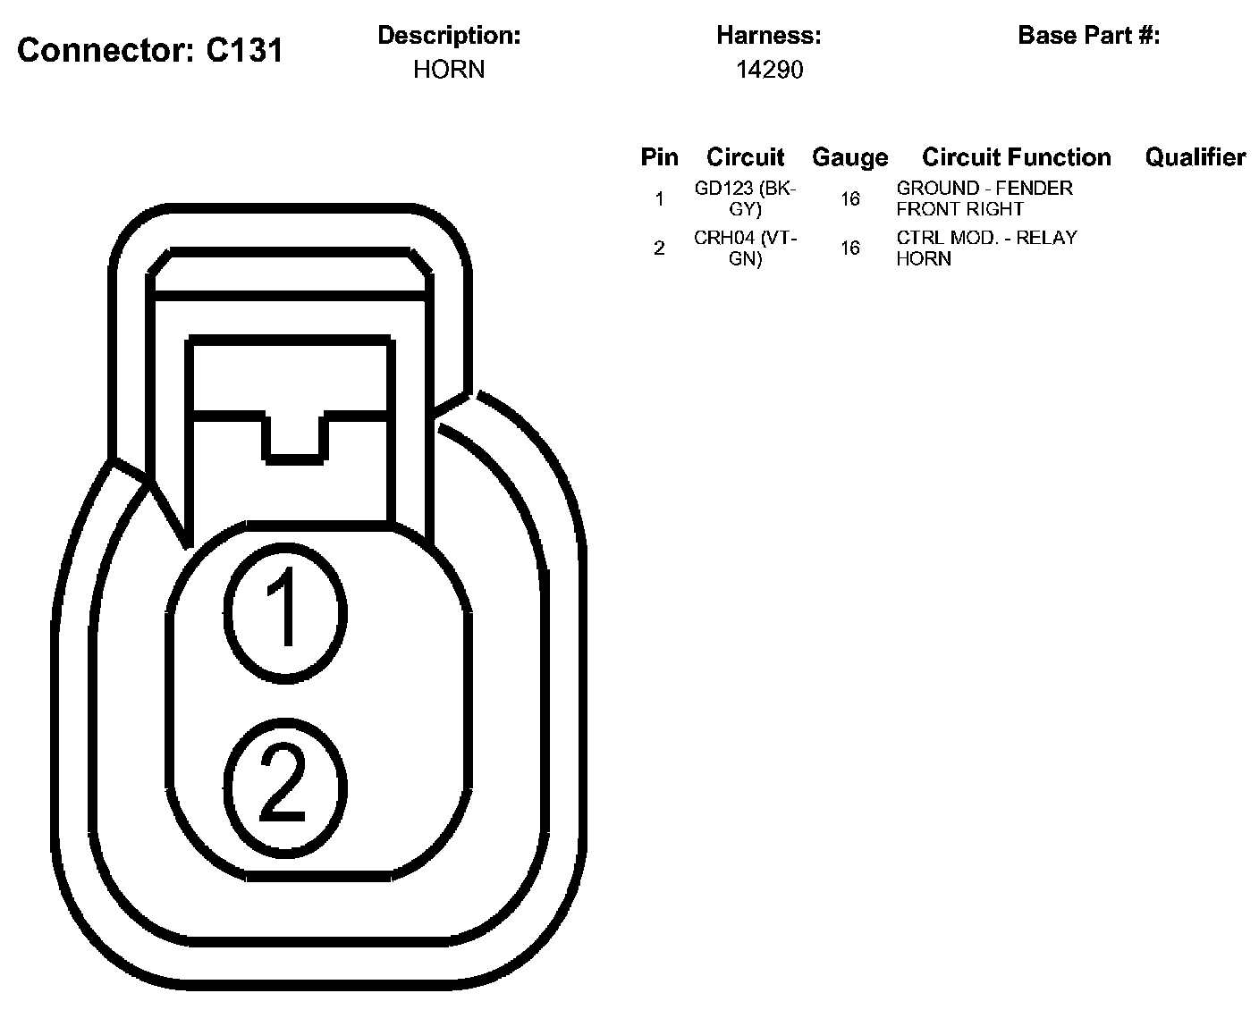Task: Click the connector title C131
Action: pos(150,50)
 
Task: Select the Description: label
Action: pos(449,36)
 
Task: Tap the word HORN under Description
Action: pos(449,70)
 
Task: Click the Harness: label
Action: pos(769,36)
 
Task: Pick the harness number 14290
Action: pos(769,70)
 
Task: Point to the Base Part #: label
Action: pos(1089,36)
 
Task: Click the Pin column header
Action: pos(659,157)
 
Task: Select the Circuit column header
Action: pos(745,157)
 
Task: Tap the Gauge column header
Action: pos(849,157)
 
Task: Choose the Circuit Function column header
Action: pos(1017,157)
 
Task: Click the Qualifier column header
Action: pos(1196,157)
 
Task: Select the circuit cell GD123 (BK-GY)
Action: pos(745,198)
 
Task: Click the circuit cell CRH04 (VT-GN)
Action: pos(745,248)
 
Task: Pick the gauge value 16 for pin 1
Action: pos(849,198)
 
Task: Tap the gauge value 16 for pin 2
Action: pos(849,248)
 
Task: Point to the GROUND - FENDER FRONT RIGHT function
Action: pos(984,198)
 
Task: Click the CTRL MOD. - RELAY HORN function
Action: pos(986,248)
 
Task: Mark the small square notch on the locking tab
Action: pos(294,438)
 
